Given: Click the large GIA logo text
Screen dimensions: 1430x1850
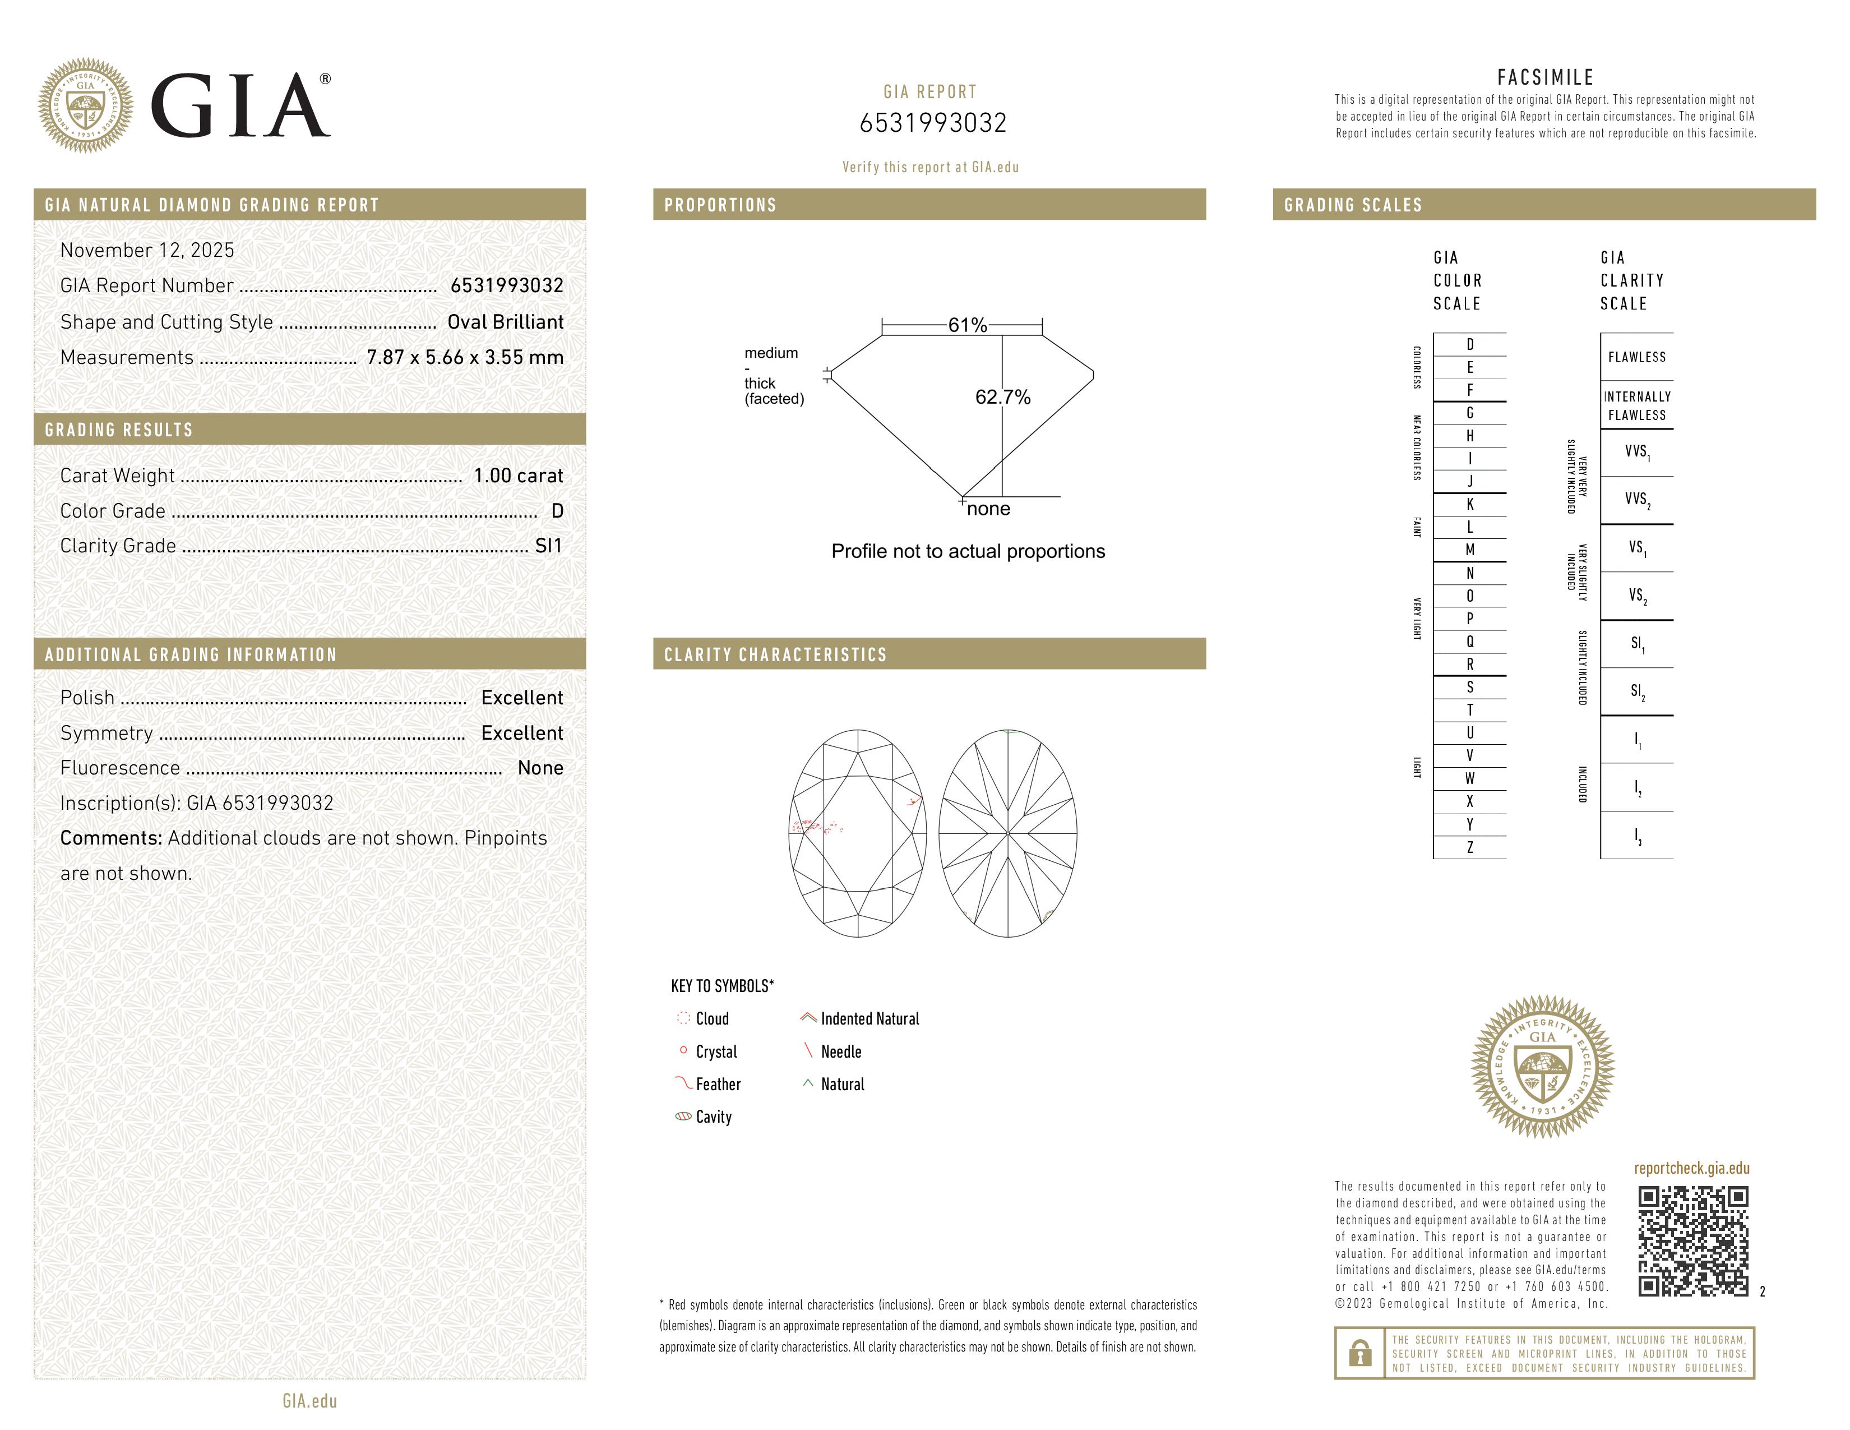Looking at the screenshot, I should click(240, 106).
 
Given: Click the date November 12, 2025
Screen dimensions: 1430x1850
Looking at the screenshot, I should click(146, 250).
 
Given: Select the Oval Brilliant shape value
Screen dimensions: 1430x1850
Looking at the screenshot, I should click(505, 322).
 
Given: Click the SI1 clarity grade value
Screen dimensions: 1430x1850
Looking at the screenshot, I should click(548, 546).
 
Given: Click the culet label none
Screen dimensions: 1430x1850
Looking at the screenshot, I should click(988, 508).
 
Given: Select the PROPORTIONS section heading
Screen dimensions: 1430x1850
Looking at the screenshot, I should click(720, 205).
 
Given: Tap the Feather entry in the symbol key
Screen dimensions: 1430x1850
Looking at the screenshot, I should click(718, 1085).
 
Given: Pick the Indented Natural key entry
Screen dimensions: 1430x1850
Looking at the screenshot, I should click(869, 1018).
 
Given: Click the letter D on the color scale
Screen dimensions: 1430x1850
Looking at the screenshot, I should click(1470, 344).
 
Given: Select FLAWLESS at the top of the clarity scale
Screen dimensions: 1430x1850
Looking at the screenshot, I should click(1636, 357).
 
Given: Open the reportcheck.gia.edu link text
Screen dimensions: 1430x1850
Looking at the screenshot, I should click(1691, 1168).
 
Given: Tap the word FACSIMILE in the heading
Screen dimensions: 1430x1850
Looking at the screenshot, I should click(1545, 77).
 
